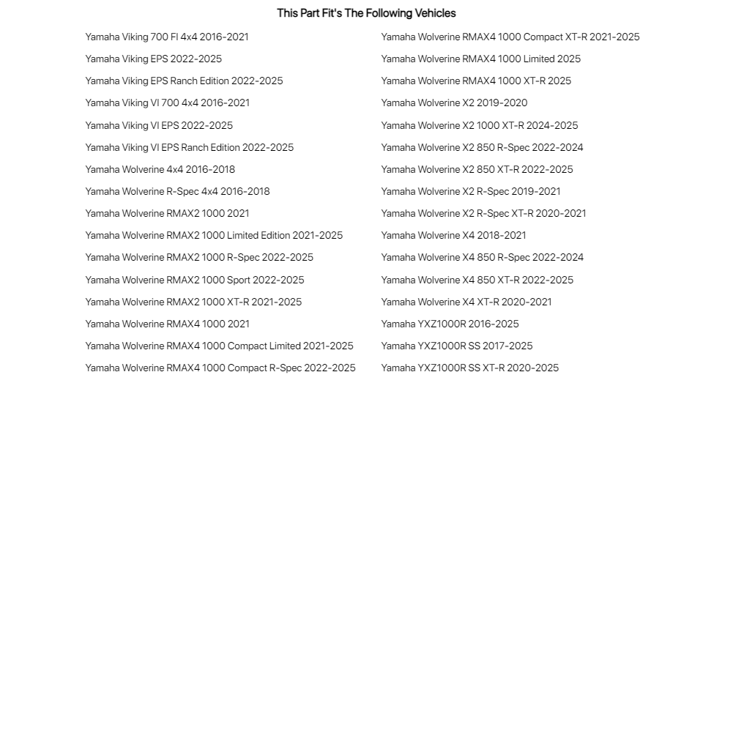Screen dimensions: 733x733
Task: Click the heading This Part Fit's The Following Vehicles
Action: [x=366, y=13]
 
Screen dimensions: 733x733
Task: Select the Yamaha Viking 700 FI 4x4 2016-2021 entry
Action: [x=167, y=37]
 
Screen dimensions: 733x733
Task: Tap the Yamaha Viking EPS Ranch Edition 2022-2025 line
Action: [x=184, y=81]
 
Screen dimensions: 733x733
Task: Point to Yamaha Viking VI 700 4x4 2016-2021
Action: [x=167, y=103]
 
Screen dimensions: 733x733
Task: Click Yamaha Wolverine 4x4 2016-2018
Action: [x=160, y=169]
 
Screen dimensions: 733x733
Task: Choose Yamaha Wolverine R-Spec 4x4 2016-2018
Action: [x=177, y=191]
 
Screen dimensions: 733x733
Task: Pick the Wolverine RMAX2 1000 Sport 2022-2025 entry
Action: [x=195, y=280]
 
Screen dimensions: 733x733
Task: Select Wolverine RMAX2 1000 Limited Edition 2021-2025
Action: [x=214, y=235]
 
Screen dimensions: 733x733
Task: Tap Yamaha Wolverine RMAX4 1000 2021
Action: [x=167, y=324]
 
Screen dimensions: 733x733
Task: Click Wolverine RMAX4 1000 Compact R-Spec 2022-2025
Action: [x=220, y=368]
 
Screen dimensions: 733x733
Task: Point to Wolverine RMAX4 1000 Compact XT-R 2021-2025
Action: [x=510, y=37]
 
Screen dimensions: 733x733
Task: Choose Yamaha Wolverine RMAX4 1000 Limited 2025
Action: [x=480, y=59]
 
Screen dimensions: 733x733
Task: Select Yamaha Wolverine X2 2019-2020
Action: [x=454, y=103]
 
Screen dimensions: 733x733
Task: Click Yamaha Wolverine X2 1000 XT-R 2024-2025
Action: [x=479, y=125]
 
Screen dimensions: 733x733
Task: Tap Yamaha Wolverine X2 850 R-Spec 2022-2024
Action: [x=482, y=147]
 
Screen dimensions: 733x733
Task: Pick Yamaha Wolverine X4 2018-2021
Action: [x=453, y=235]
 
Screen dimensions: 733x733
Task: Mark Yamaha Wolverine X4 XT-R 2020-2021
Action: [x=466, y=302]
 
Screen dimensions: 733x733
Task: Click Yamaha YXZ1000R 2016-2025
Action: [x=450, y=324]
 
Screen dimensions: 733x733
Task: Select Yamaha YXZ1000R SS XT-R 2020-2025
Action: [x=469, y=368]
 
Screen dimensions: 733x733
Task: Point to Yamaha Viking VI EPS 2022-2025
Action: [x=159, y=125]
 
